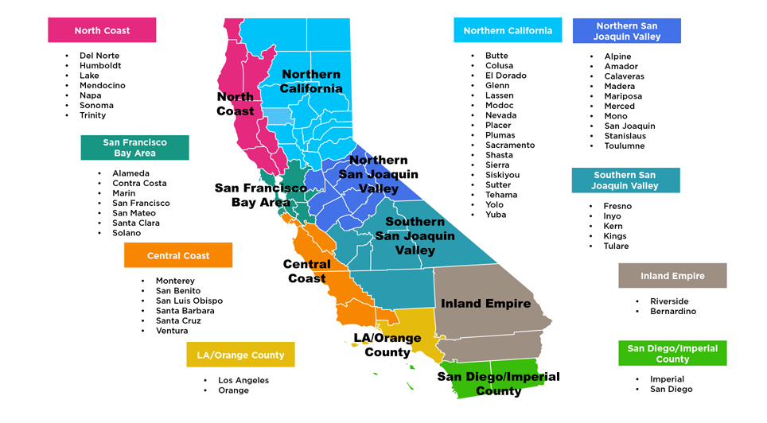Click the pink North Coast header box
[x=102, y=30]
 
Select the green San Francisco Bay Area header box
[x=134, y=148]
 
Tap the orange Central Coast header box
[x=178, y=255]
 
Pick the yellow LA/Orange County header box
[x=240, y=355]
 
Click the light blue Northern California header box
[x=508, y=30]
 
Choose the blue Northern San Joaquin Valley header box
[x=627, y=31]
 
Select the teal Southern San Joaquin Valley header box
[x=625, y=180]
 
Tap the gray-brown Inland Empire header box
[x=672, y=276]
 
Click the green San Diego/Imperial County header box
[x=672, y=354]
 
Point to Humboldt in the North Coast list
[x=100, y=66]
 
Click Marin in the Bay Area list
[x=124, y=193]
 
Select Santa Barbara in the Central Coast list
[x=185, y=311]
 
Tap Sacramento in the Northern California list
[x=510, y=146]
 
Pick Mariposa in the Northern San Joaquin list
[x=623, y=96]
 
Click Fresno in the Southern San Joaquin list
[x=617, y=206]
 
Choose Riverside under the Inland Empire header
[x=669, y=301]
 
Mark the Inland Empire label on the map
[x=485, y=304]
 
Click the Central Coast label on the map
[x=307, y=271]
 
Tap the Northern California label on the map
[x=311, y=81]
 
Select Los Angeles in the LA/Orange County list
[x=243, y=380]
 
